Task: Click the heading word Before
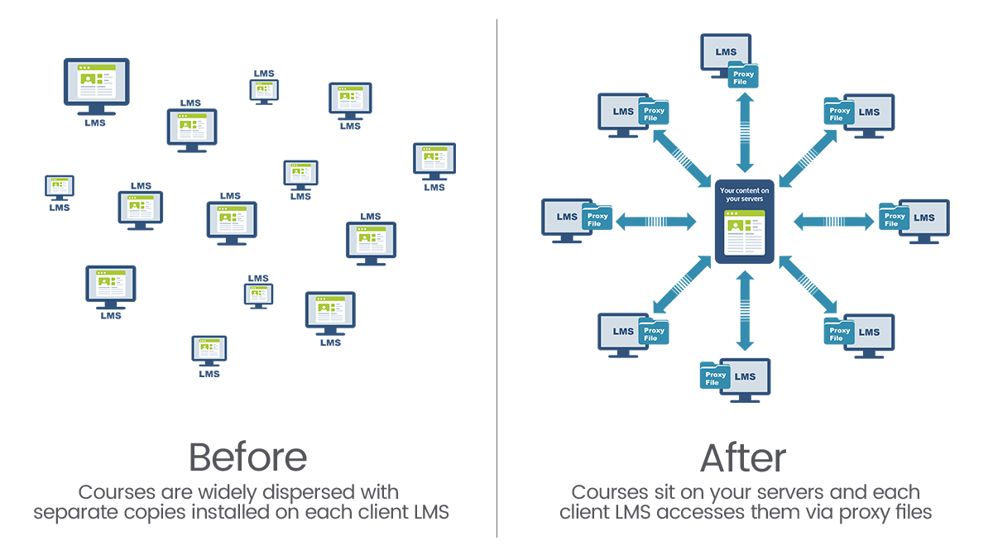point(247,457)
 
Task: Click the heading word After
point(743,457)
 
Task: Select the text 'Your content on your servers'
point(744,194)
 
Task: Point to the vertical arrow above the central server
point(744,132)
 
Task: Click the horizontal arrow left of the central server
point(656,221)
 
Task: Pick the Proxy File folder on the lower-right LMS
point(840,330)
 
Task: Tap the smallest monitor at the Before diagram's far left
point(60,186)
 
